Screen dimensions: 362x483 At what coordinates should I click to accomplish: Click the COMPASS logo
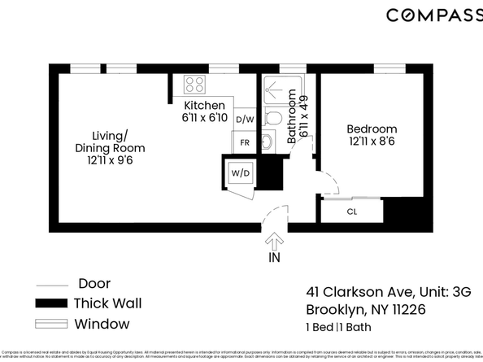433,15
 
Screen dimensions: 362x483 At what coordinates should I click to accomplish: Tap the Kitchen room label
204,106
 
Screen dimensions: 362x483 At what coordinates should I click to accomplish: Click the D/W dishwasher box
244,120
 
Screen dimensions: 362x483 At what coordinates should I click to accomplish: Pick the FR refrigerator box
244,142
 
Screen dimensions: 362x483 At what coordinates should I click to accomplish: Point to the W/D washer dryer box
240,173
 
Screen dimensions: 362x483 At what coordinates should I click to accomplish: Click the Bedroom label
372,129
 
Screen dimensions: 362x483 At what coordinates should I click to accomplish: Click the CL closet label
352,212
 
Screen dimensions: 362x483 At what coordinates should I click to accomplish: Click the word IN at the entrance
274,259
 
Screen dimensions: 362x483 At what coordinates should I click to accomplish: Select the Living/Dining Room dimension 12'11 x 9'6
110,161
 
